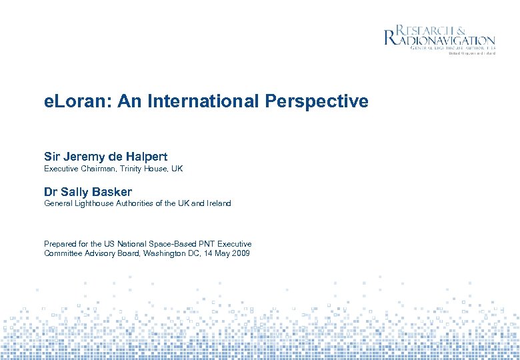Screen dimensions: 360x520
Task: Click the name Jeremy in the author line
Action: (85, 157)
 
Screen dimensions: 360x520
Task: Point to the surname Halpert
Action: (141, 157)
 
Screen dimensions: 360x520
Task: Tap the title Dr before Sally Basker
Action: (51, 192)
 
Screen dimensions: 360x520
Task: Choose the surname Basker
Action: (111, 192)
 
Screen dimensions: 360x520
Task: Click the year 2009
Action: (240, 254)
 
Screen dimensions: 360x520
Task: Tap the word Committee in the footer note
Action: (64, 254)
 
